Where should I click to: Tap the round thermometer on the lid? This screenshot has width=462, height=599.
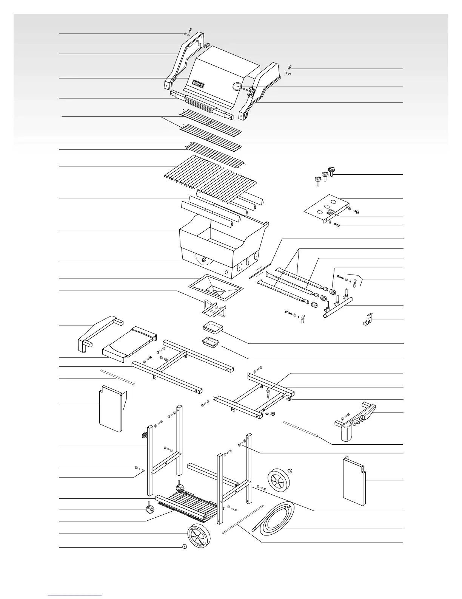pyautogui.click(x=237, y=87)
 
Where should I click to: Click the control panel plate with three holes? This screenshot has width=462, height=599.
pyautogui.click(x=326, y=210)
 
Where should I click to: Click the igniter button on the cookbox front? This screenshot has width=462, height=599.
pyautogui.click(x=204, y=260)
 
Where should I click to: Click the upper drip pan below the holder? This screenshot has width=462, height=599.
pyautogui.click(x=213, y=328)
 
